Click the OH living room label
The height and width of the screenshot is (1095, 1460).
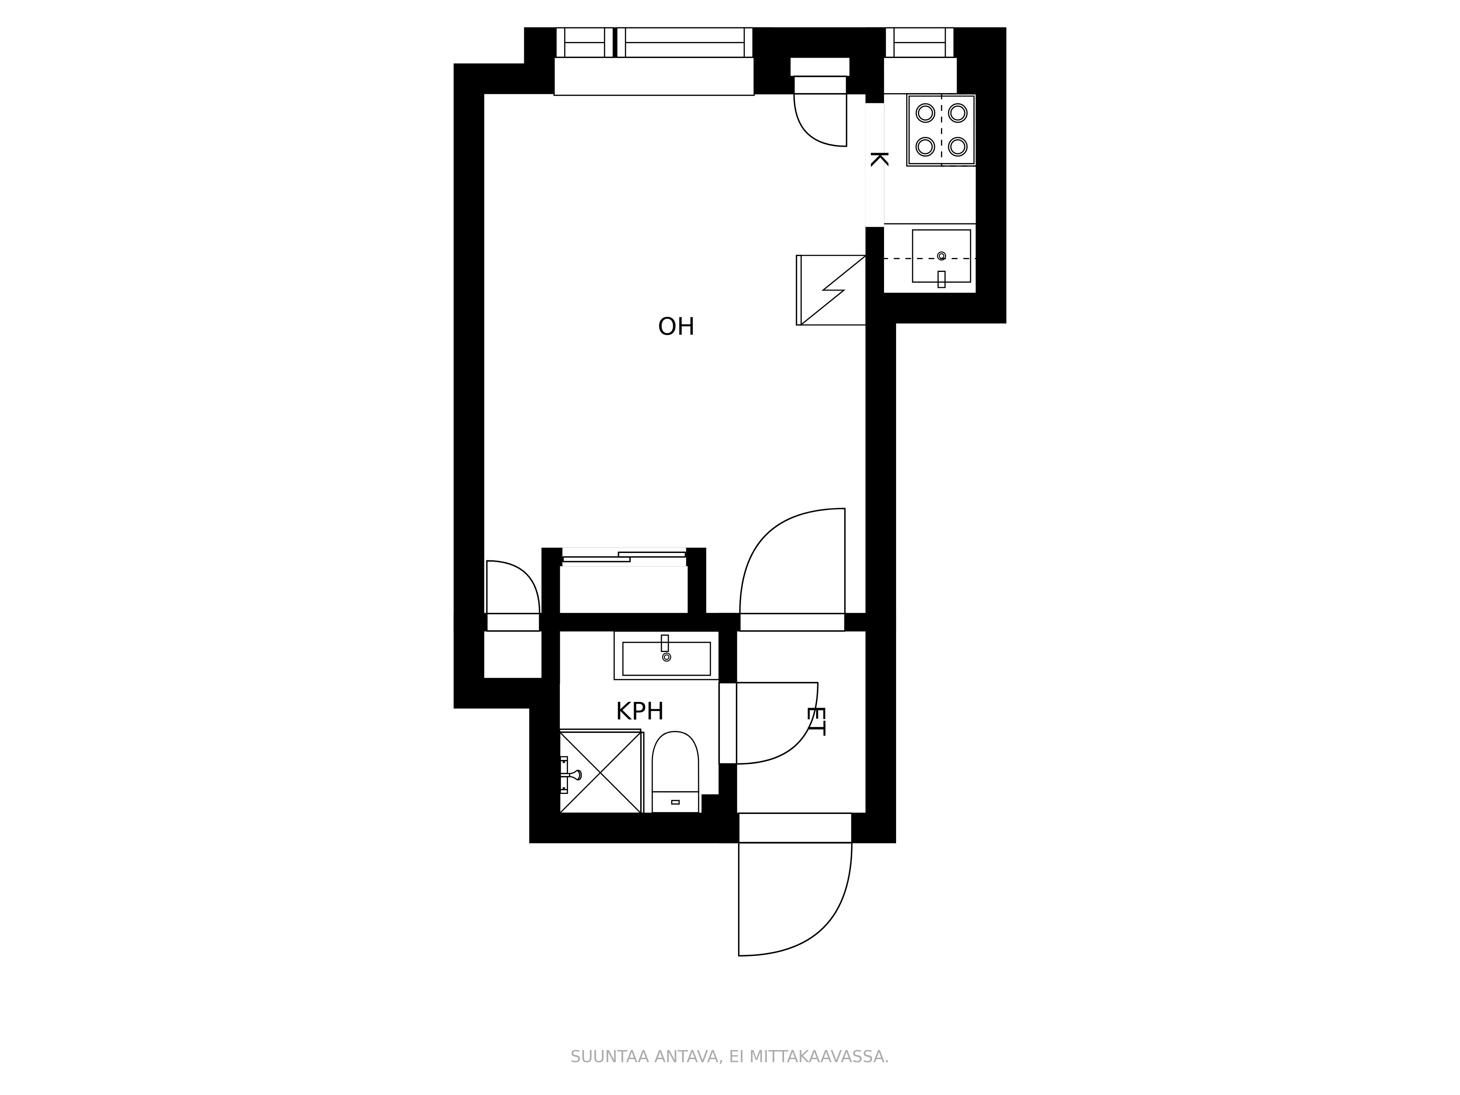click(x=676, y=327)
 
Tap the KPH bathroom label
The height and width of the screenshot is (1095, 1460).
click(x=639, y=711)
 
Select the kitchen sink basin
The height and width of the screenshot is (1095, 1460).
click(x=941, y=256)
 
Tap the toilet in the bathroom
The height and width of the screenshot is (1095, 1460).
click(x=675, y=772)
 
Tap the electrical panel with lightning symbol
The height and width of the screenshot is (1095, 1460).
click(x=831, y=290)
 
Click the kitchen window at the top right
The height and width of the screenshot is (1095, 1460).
click(x=919, y=43)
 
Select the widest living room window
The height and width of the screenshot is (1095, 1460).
click(x=684, y=43)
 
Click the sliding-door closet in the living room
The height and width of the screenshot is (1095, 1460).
click(x=624, y=581)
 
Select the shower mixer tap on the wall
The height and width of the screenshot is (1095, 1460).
click(x=569, y=774)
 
